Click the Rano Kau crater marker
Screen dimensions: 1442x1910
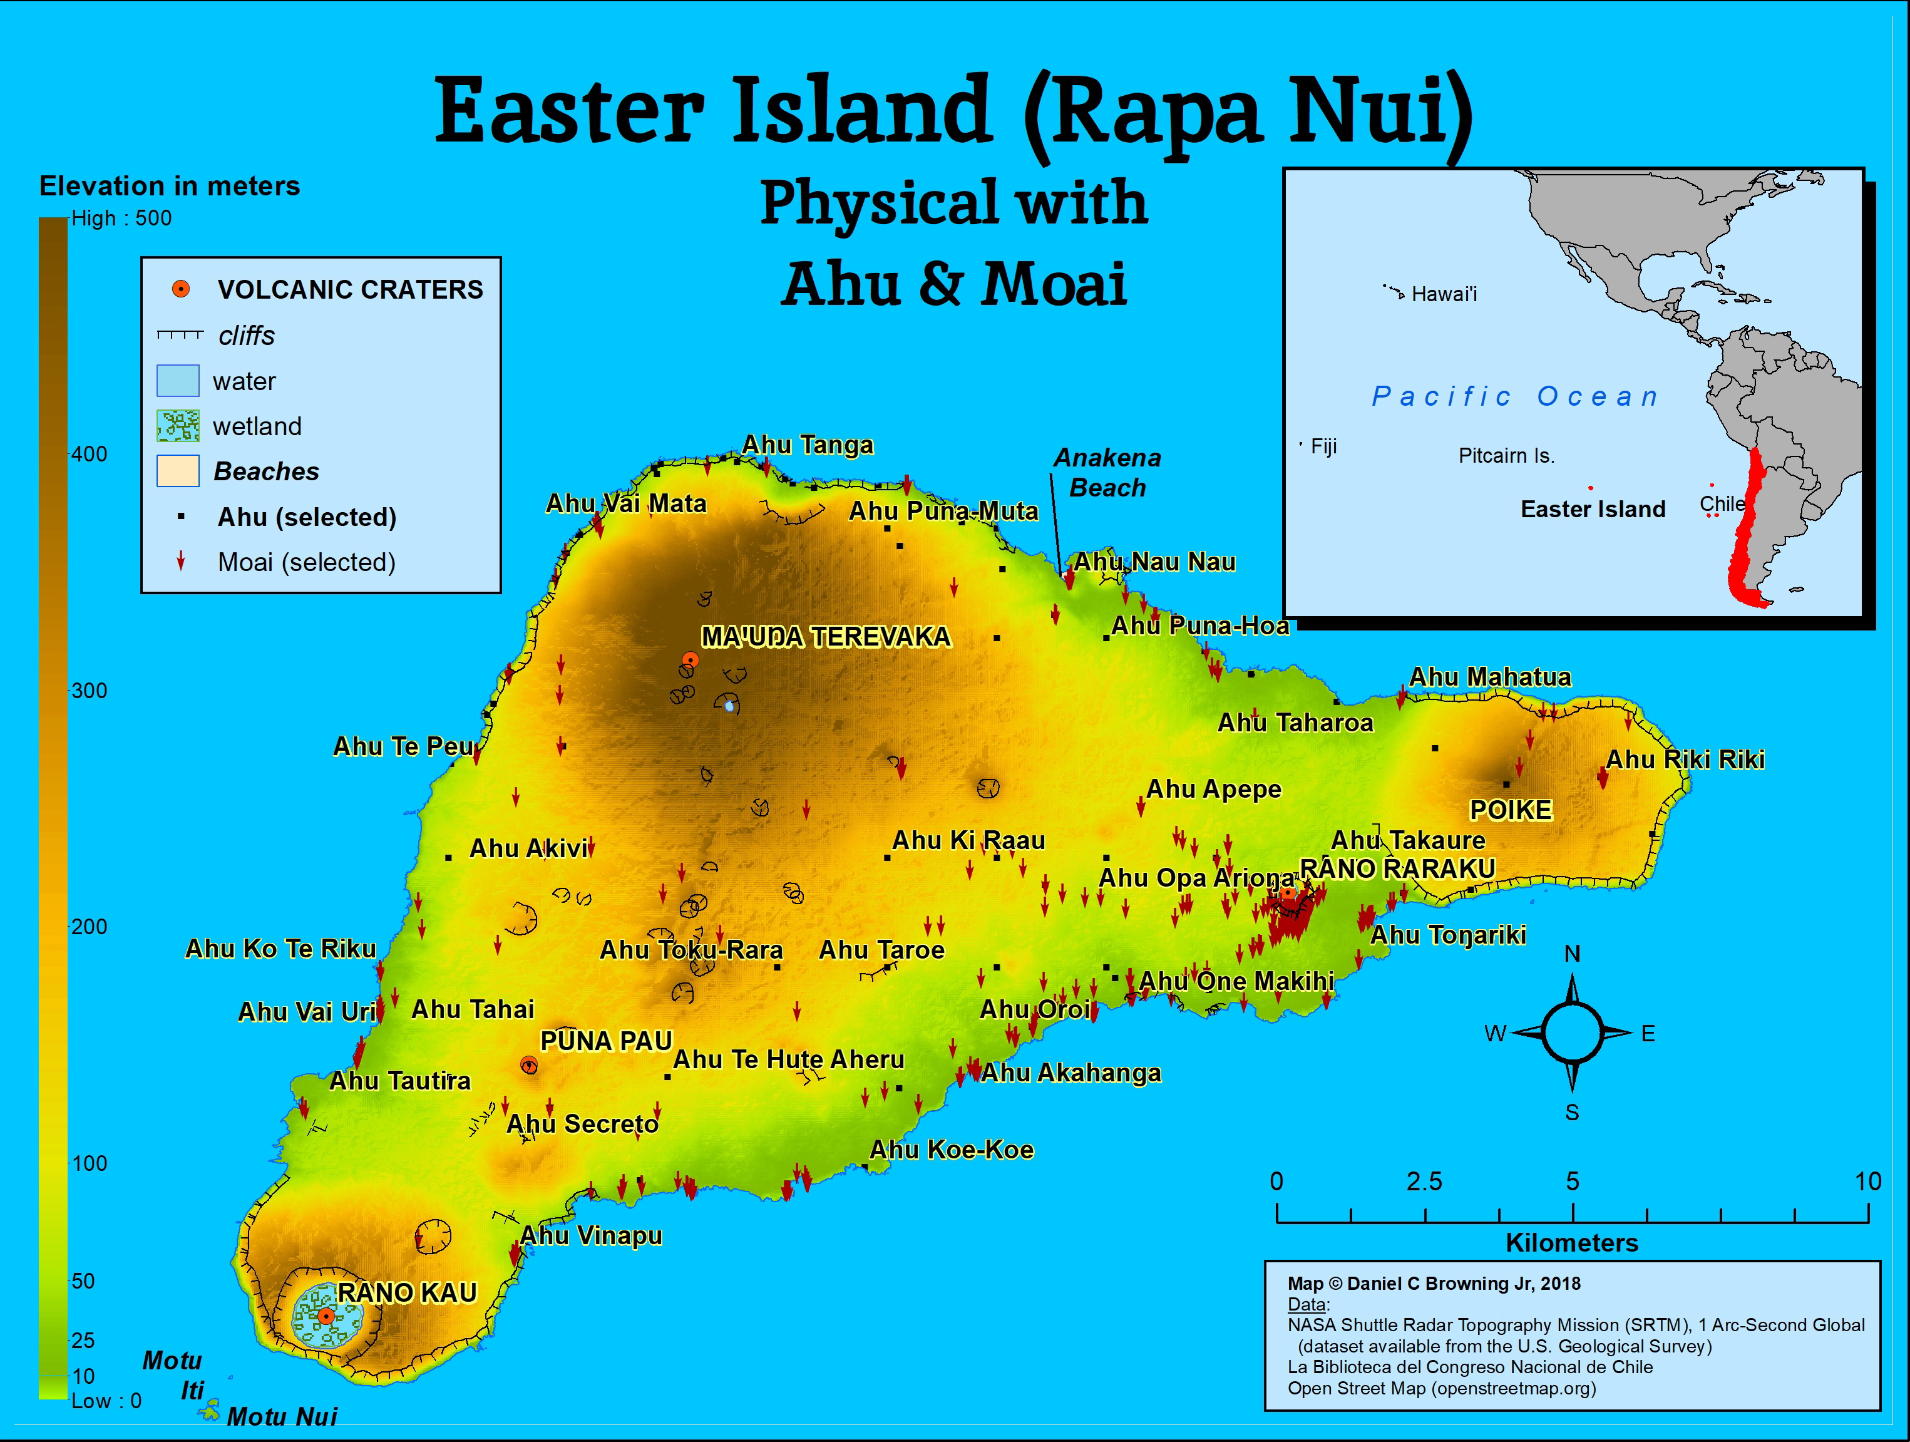[x=326, y=1316]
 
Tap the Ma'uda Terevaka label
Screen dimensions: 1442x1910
[x=826, y=637]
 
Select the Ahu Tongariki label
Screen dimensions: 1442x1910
[x=1448, y=935]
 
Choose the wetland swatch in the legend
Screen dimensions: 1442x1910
[x=178, y=426]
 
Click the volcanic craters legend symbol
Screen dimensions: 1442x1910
[x=180, y=289]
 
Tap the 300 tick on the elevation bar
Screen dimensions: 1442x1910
[x=88, y=691]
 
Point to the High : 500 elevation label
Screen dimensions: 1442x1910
[x=121, y=219]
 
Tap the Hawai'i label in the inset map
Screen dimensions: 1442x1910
[x=1444, y=294]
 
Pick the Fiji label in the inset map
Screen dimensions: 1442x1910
[x=1323, y=446]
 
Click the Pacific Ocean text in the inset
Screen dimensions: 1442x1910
[x=1516, y=396]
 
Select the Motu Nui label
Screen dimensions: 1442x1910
[x=282, y=1417]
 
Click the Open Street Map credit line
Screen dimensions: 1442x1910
[x=1441, y=1388]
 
